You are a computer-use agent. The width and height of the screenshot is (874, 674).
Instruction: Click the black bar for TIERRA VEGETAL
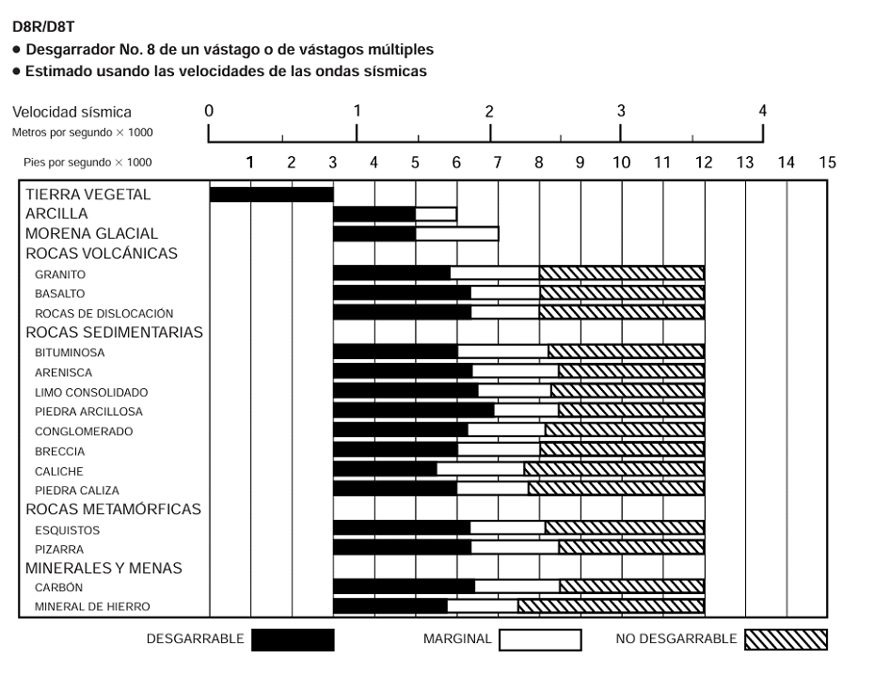click(271, 195)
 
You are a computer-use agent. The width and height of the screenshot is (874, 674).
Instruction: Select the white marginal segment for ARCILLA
click(436, 214)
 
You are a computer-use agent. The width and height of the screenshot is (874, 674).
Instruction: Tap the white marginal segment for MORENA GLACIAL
click(456, 233)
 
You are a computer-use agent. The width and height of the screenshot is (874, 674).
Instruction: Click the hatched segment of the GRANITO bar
click(621, 274)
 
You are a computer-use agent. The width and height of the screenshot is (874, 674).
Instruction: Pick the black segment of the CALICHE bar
click(385, 469)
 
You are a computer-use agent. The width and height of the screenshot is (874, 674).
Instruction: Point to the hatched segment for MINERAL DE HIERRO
click(611, 606)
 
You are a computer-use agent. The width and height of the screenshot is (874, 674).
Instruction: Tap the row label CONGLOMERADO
click(84, 431)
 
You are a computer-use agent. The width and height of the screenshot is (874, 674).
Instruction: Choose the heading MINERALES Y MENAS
click(103, 568)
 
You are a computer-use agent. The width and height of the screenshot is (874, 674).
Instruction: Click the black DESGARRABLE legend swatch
click(293, 640)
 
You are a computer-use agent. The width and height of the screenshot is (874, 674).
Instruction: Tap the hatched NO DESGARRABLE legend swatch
click(786, 640)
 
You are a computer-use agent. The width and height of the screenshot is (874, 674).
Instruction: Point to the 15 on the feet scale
click(827, 163)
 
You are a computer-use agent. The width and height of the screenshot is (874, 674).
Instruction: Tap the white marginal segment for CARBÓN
click(516, 587)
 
